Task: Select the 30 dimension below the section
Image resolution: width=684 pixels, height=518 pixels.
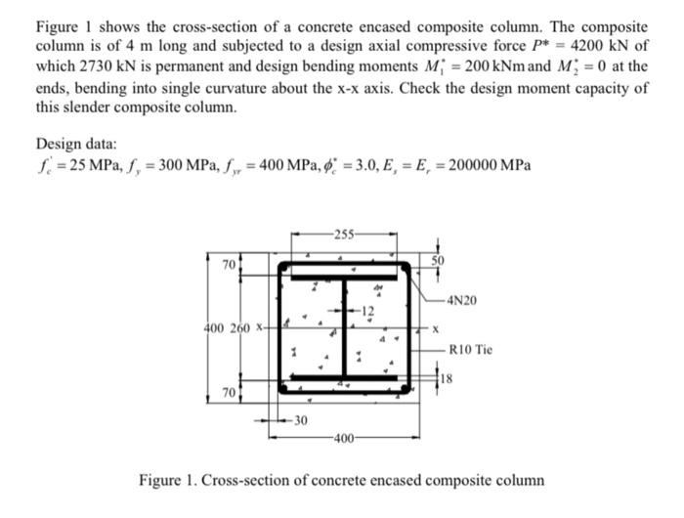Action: click(x=300, y=422)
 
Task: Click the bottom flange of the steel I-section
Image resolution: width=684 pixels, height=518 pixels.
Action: click(x=344, y=377)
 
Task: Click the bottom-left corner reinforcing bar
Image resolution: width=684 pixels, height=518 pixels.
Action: click(x=282, y=388)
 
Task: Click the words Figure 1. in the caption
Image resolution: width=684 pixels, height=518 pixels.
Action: click(x=173, y=481)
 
